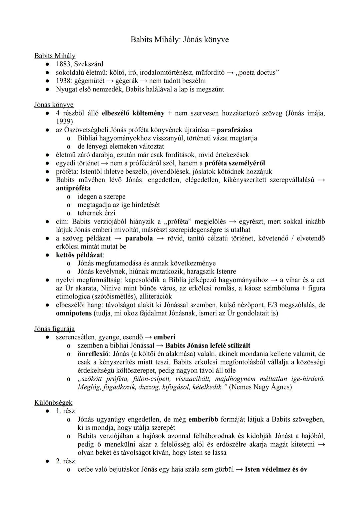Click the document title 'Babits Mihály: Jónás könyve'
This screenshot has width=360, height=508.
[180, 40]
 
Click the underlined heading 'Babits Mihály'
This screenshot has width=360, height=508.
[55, 56]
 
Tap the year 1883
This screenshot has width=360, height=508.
[63, 64]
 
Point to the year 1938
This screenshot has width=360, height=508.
[63, 81]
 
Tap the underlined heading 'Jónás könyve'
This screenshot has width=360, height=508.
[54, 105]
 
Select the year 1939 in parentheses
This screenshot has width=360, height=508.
[64, 121]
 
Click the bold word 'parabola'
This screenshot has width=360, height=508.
[139, 238]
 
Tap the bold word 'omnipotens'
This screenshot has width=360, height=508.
[74, 313]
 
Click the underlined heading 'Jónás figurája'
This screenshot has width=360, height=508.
[54, 329]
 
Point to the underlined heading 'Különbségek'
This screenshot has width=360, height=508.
[53, 403]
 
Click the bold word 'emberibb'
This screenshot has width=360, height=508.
[203, 419]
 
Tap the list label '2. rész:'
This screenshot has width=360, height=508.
[66, 461]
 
